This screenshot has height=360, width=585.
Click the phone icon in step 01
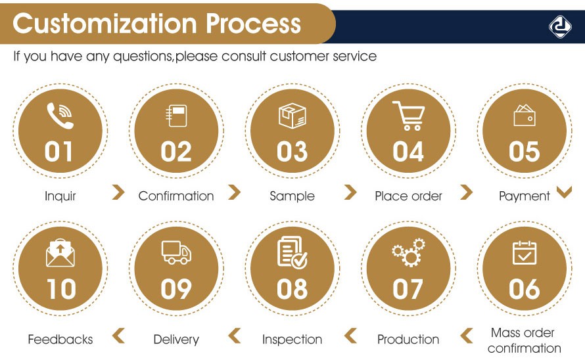click(60, 116)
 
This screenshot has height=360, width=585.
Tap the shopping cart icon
click(408, 115)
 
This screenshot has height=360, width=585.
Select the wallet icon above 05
click(524, 115)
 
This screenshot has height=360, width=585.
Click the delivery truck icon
click(176, 252)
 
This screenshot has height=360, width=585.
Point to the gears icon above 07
click(408, 253)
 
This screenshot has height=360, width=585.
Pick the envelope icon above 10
click(60, 253)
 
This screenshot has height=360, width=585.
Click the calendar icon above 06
click(524, 253)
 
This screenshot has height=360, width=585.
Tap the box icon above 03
click(292, 115)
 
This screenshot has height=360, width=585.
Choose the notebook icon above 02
click(176, 116)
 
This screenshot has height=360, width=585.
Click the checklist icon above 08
click(292, 253)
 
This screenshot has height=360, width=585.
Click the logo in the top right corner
click(559, 26)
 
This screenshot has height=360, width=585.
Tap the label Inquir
click(60, 196)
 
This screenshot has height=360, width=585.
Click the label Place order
click(408, 196)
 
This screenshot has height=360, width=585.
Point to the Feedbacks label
click(60, 340)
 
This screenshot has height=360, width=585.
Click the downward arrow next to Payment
click(564, 192)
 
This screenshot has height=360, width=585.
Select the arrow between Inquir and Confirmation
click(118, 192)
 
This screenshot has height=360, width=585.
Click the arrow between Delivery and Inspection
click(235, 336)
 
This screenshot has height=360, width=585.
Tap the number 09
click(176, 289)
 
